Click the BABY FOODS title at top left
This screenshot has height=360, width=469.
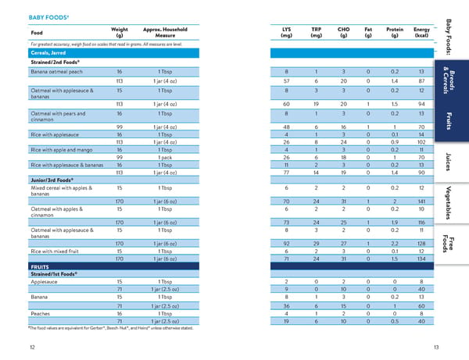(48, 17)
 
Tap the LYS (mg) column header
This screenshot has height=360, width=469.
(286, 32)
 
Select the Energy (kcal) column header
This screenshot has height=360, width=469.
(421, 32)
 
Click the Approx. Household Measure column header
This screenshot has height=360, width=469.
(165, 32)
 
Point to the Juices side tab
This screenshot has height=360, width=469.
(448, 162)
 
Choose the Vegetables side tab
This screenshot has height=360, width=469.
(448, 203)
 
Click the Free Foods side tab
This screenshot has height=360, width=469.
(448, 244)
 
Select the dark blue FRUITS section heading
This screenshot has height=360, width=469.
(40, 267)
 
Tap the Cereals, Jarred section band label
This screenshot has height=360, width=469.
(48, 53)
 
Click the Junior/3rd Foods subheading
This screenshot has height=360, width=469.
(52, 180)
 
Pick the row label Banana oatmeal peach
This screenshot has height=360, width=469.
(56, 72)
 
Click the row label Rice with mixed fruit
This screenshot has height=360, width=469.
(55, 251)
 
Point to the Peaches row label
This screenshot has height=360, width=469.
(41, 314)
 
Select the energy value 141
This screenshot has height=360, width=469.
(421, 201)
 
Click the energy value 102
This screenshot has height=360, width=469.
(421, 142)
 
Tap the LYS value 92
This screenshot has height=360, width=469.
(286, 244)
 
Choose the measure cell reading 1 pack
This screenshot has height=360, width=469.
(165, 158)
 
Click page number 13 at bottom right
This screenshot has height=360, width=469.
(436, 348)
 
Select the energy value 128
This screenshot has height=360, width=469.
(421, 244)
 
